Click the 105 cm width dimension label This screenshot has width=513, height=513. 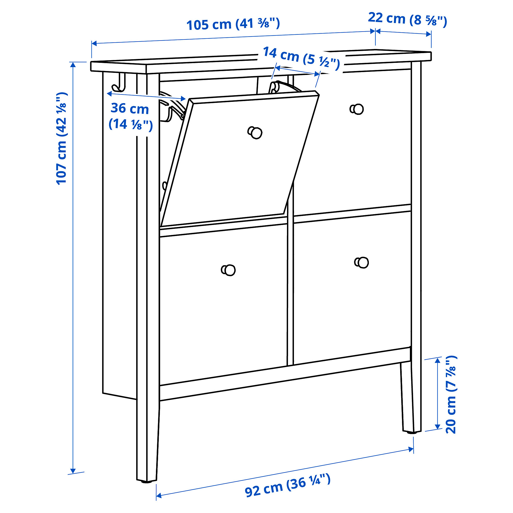click(233, 24)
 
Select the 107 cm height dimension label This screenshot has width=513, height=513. click(61, 138)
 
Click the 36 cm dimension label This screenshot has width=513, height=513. click(130, 116)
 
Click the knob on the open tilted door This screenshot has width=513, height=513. click(255, 133)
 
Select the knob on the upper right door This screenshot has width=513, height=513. click(357, 109)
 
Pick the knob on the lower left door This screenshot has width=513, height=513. click(228, 270)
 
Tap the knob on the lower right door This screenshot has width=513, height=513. click(362, 263)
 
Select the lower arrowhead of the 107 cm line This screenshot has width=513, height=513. click(73, 471)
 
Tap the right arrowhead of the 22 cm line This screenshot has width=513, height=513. click(428, 34)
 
